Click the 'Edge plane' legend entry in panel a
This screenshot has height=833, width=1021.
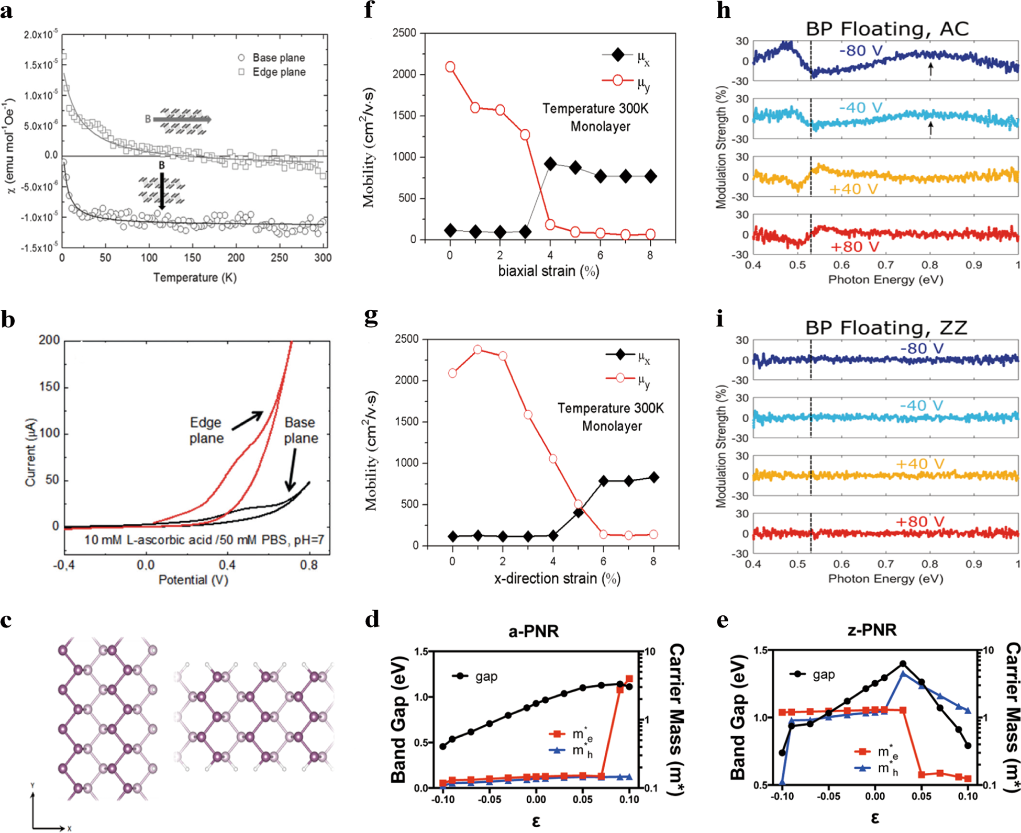pos(279,72)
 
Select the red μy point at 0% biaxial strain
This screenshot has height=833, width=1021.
pos(450,67)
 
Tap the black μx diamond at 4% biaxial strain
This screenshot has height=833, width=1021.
pos(550,164)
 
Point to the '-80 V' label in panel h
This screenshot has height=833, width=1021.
pos(861,51)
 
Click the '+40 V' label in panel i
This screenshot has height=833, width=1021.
pos(919,464)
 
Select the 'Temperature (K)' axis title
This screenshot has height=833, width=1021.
pos(195,277)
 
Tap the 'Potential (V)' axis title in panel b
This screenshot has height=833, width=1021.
pos(193,580)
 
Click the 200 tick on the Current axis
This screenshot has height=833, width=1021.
pos(49,341)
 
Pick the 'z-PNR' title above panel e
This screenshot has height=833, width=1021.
pos(872,629)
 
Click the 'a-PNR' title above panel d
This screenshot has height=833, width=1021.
pos(534,631)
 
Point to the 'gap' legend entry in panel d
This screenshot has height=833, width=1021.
pos(485,677)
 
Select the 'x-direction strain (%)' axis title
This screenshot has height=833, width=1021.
pos(557,579)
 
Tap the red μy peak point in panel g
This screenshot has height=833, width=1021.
pos(478,350)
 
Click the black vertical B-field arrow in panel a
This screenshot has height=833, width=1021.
pos(162,192)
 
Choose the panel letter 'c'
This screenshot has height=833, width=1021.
pos(7,620)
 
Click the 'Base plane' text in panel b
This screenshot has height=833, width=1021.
pos(301,430)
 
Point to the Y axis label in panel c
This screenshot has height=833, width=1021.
pos(32,785)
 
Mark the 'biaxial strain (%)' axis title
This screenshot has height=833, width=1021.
pos(548,272)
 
